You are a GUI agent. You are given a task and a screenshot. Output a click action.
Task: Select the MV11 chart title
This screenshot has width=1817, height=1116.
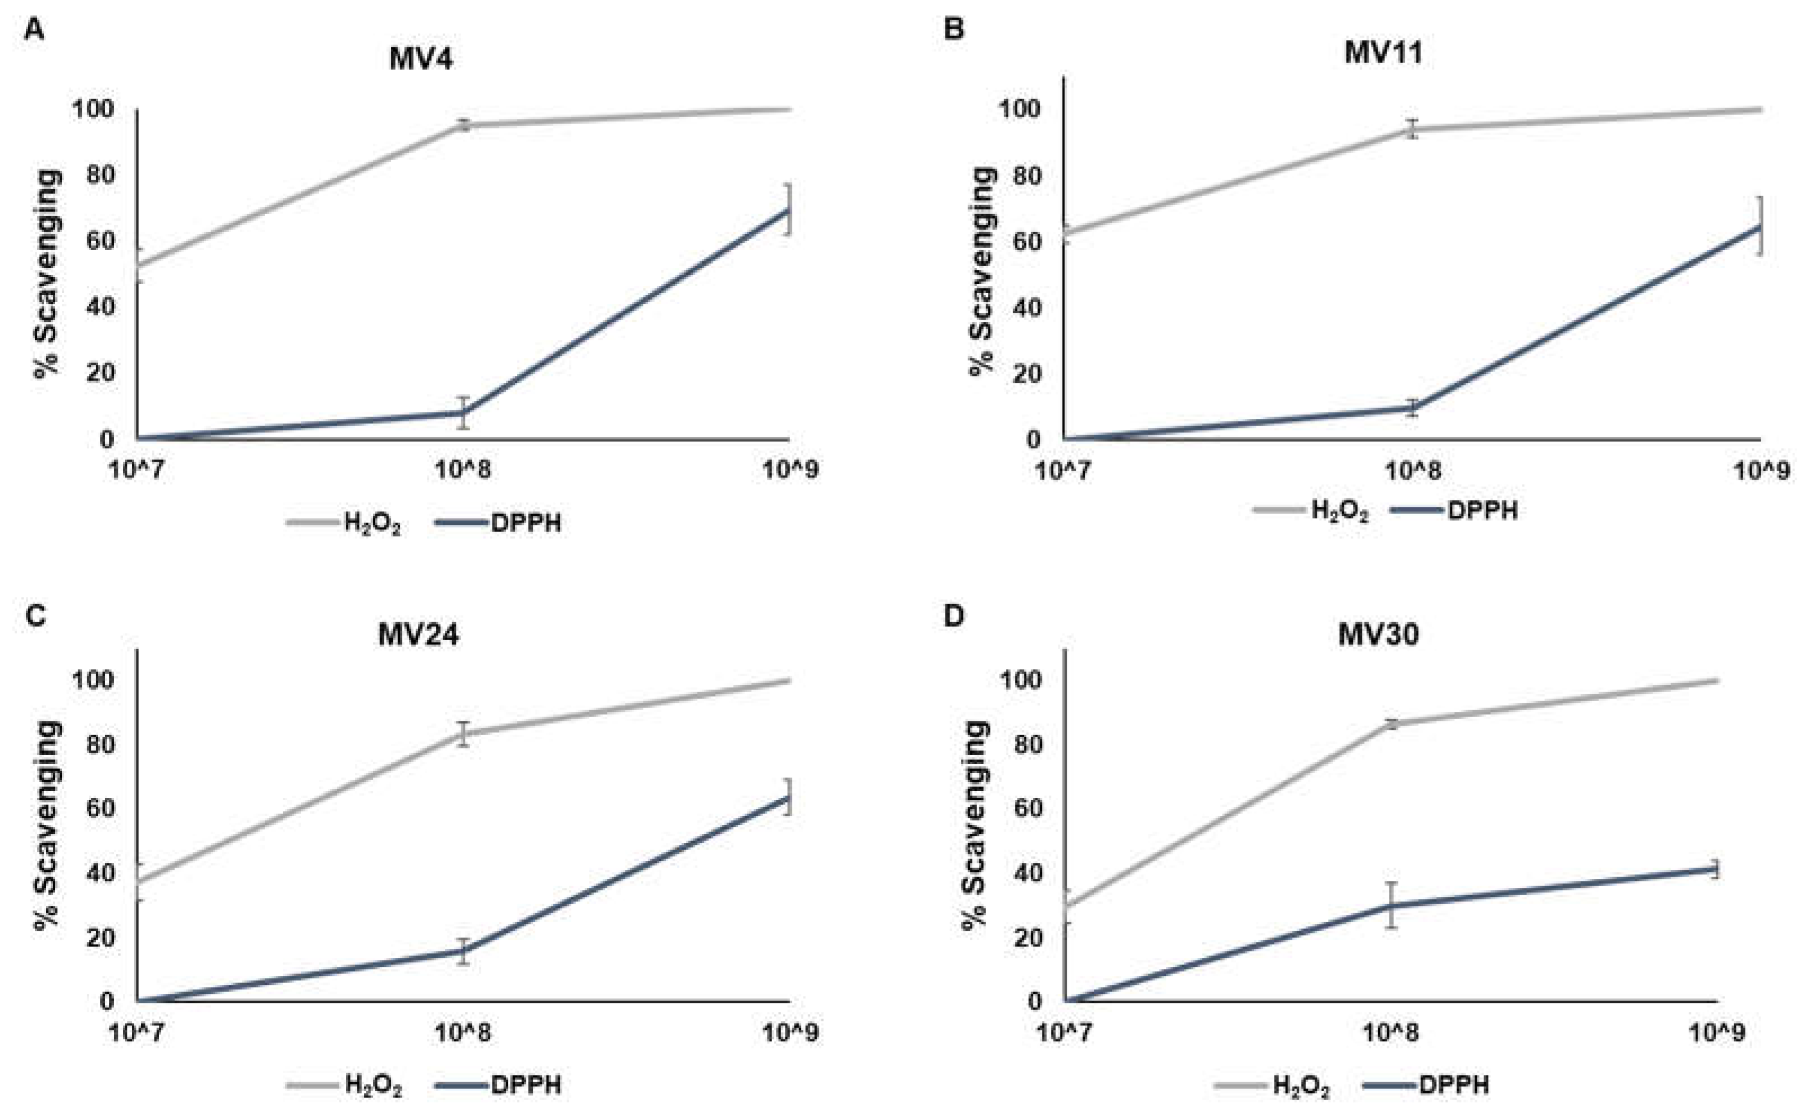1383,53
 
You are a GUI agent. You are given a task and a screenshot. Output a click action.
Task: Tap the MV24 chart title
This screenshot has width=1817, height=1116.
418,634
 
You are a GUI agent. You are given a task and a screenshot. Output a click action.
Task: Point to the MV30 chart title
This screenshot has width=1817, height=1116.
1378,634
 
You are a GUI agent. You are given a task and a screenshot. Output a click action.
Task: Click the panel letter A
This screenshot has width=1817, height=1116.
34,30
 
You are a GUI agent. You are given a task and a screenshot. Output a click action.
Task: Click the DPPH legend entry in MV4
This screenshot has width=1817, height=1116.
525,523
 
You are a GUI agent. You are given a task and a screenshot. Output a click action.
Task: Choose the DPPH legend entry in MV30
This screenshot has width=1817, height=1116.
1453,1085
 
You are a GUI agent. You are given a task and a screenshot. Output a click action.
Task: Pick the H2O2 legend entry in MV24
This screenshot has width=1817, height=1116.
373,1085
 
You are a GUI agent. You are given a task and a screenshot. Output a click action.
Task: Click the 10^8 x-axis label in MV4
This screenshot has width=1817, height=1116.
463,470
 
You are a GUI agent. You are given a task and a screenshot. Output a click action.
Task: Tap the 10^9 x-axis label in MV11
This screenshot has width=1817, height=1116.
1761,470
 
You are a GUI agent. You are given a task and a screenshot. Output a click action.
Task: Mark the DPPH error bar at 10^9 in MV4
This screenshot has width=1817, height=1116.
789,209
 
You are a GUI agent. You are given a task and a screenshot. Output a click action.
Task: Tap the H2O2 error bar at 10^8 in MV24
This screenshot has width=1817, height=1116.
463,734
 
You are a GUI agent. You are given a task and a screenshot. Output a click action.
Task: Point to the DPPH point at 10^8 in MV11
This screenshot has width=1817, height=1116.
1411,408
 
